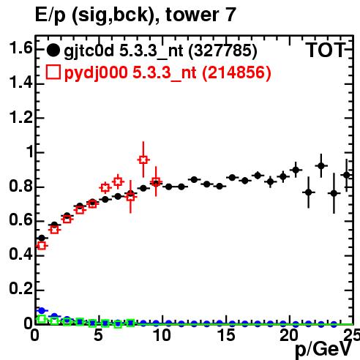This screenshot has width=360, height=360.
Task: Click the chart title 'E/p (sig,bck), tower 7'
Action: click(135, 15)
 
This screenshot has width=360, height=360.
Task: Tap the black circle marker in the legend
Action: click(53, 50)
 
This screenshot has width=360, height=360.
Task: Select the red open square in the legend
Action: click(53, 72)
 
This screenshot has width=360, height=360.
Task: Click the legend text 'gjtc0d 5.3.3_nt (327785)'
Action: click(160, 51)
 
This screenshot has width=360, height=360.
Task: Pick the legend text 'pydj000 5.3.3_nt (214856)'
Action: click(168, 73)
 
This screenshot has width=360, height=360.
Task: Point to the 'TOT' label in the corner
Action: click(326, 50)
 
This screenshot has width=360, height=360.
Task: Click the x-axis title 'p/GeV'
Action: click(323, 350)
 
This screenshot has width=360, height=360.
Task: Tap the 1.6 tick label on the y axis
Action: click(20, 48)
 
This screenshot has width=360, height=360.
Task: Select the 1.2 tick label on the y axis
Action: click(20, 117)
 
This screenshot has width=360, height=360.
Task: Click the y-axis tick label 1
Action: click(30, 151)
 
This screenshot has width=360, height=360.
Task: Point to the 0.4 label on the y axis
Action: click(20, 254)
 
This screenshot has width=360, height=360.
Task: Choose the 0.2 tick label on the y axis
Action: click(20, 288)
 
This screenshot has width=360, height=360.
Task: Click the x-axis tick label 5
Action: click(98, 335)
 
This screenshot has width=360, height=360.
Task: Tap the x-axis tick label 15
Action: click(227, 335)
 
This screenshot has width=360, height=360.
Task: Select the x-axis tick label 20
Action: click(289, 335)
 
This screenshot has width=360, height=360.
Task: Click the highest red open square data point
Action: click(143, 160)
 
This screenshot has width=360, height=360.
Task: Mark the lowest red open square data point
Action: click(42, 246)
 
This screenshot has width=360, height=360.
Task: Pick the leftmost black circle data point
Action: click(42, 238)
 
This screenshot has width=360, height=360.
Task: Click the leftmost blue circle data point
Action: click(42, 310)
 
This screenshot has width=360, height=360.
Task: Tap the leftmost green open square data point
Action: click(42, 319)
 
